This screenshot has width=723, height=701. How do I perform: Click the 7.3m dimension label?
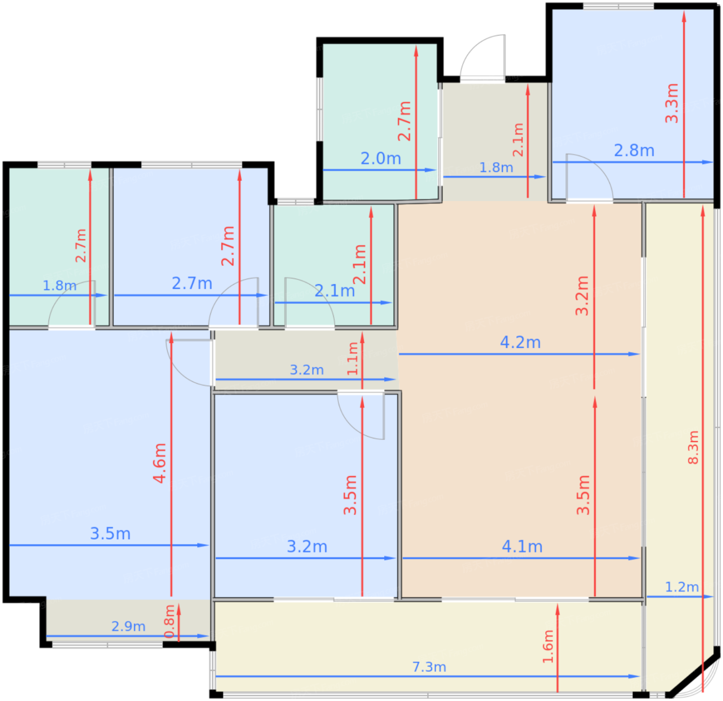429,667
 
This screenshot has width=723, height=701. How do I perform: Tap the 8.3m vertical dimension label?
693,447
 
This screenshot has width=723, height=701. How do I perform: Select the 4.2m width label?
520,342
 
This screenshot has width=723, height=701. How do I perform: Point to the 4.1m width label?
522,547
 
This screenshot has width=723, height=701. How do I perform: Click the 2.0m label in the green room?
381,159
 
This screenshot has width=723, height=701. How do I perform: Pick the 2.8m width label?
634,150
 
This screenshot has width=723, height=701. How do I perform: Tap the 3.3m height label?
671,103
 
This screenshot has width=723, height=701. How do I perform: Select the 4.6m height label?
160,463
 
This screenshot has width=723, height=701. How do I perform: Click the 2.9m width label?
128,626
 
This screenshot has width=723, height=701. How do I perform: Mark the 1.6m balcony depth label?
548,647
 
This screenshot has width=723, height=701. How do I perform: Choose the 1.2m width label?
682,587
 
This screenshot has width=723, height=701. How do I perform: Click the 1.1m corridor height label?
352,359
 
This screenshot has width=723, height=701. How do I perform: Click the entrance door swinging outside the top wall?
483,58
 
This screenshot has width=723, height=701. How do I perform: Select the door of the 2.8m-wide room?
589,178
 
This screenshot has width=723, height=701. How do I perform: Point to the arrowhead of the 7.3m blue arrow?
634,677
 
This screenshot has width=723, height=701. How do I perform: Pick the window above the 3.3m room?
618,6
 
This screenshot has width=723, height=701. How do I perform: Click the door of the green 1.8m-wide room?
72,305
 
